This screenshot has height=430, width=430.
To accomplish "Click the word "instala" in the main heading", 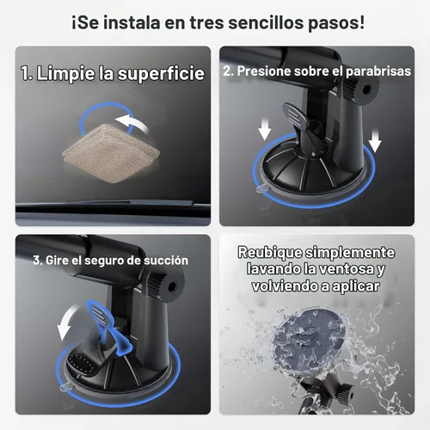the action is coord(131,22).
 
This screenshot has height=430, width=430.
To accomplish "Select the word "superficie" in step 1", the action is coord(161,73).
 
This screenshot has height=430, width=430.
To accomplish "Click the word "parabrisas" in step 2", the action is coord(378,71).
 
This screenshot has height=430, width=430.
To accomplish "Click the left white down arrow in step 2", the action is coord(264,129).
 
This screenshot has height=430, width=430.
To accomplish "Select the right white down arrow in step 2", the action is coord(375,140).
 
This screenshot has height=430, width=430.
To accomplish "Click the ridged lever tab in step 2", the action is coord(295,115).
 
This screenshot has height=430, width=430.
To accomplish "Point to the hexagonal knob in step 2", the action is coord(363,89).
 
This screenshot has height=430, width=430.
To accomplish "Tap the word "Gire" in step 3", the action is coord(55,261).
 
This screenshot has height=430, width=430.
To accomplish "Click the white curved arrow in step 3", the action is coord(66,322).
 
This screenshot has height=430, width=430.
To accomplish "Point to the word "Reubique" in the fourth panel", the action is coord(270,253).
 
